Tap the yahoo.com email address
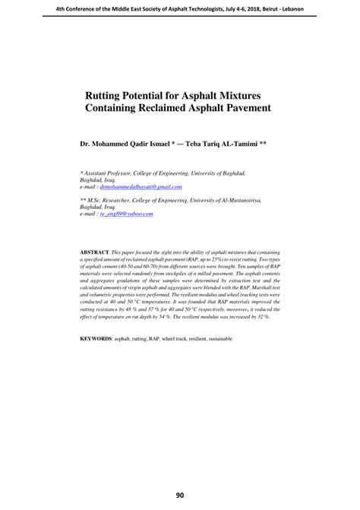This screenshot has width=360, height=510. [128, 215]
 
